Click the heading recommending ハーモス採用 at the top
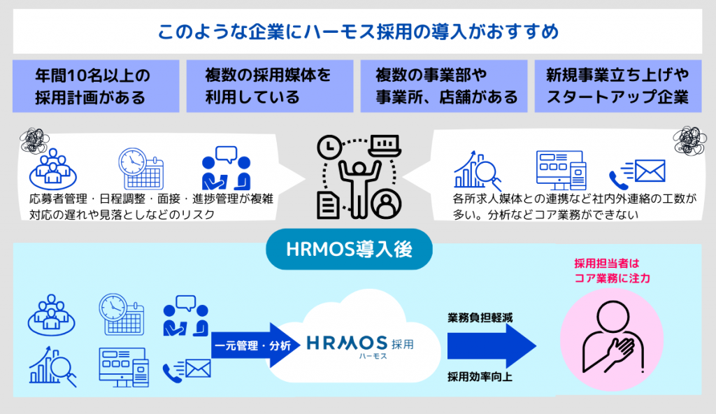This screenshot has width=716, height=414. (357, 32)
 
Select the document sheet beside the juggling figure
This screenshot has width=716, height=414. (327, 203)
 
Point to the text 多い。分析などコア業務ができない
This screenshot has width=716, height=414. (545, 215)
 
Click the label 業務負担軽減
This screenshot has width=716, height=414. (480, 317)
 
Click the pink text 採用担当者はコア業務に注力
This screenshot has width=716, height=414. (606, 271)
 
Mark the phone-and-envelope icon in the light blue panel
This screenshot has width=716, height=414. (186, 369)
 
